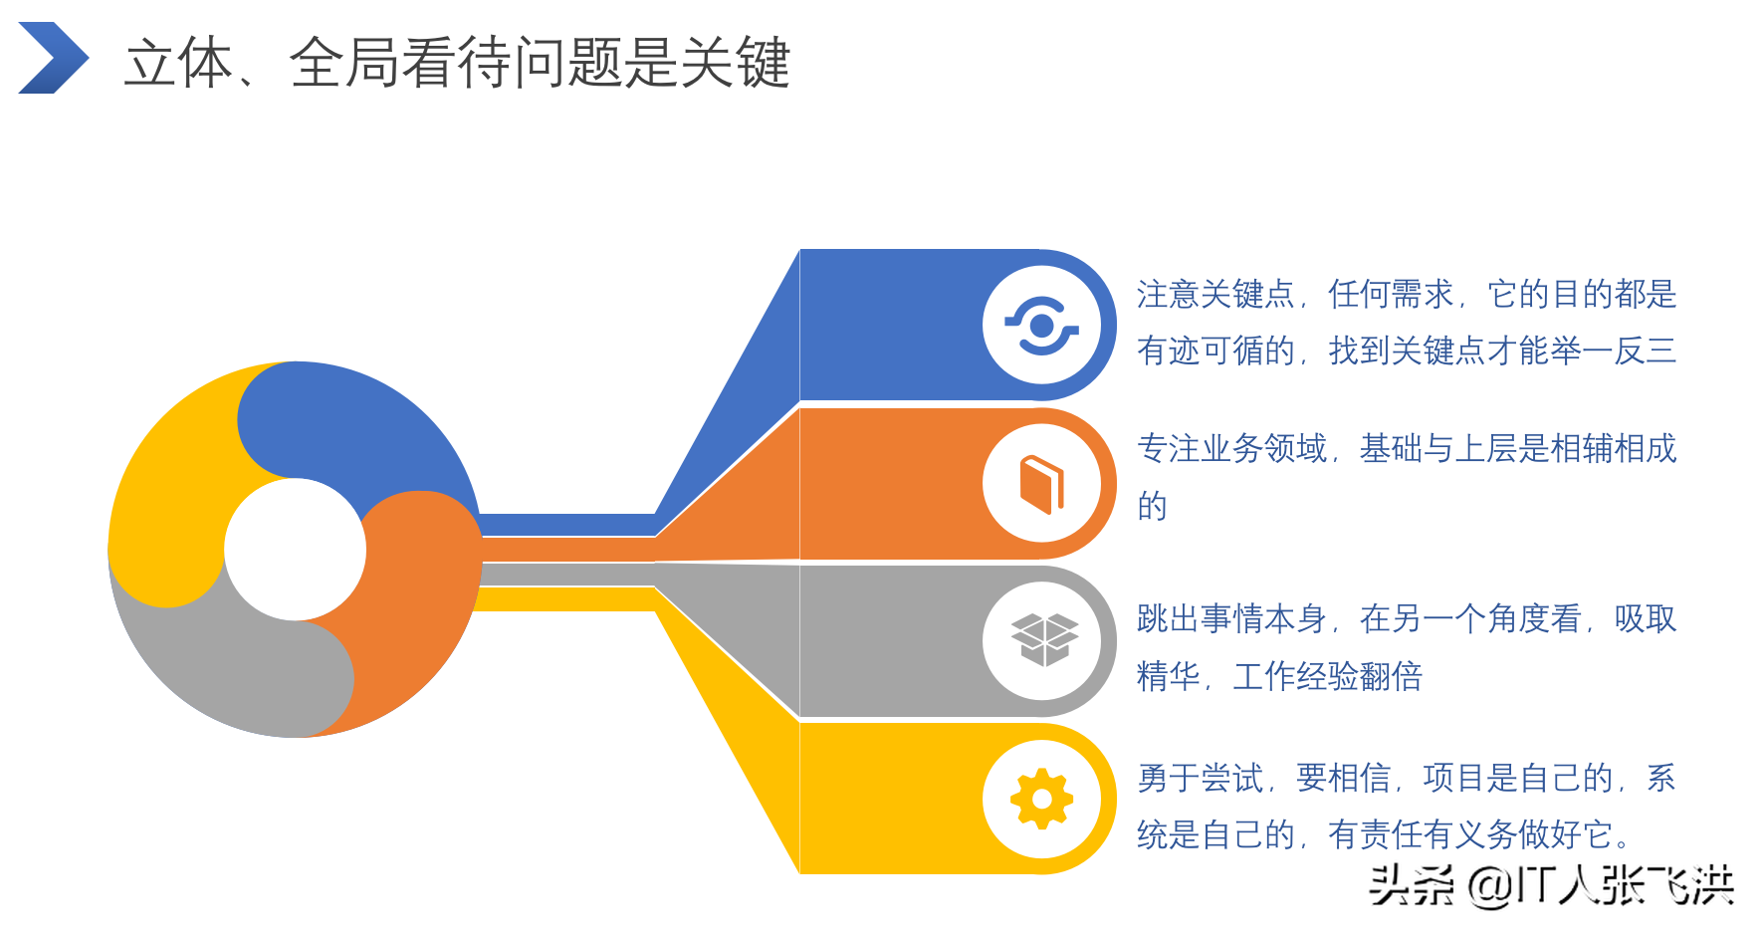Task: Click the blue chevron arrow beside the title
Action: point(54,58)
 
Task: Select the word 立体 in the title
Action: point(179,63)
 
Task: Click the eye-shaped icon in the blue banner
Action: point(1041,326)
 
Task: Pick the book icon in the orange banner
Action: point(1041,484)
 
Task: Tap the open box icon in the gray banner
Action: point(1043,639)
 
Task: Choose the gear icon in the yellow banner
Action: point(1041,799)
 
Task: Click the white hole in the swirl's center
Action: point(295,550)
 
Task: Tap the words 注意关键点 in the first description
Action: point(1214,295)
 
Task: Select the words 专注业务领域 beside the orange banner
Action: point(1231,449)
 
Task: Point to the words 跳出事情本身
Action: point(1231,619)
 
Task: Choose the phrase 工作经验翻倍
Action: point(1327,677)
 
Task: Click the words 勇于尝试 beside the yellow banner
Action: point(1200,778)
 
